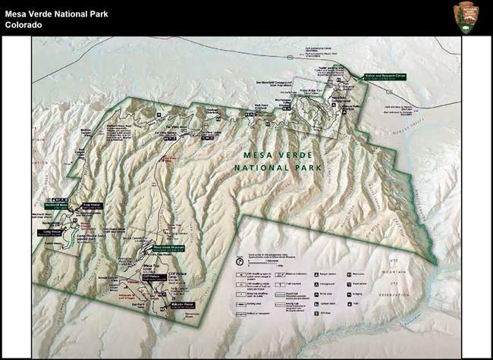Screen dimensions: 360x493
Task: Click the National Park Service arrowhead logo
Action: [466, 17]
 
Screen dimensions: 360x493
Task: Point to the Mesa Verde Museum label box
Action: [171, 247]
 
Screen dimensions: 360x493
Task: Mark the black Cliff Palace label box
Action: [152, 278]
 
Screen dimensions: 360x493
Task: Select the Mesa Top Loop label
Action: [154, 266]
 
